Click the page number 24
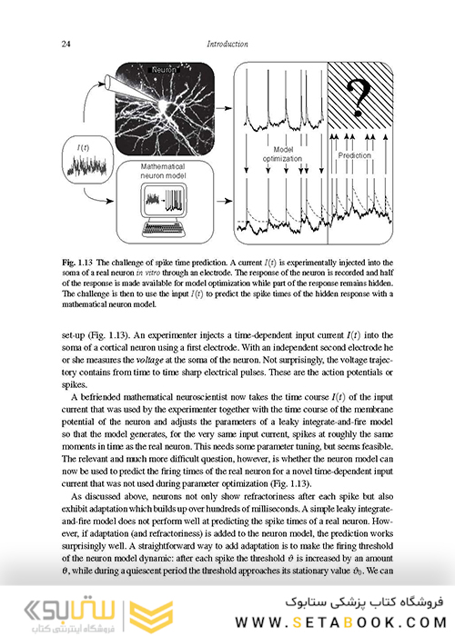(66, 44)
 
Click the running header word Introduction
(227, 44)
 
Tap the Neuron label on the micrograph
(164, 70)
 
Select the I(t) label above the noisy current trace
(83, 148)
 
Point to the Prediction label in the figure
(355, 155)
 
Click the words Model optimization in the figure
(282, 154)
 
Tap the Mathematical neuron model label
(163, 171)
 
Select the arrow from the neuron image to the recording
(224, 108)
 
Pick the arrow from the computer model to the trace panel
(224, 201)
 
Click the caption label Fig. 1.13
(77, 263)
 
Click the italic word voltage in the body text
(150, 360)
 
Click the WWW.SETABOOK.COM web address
(341, 622)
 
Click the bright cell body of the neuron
(167, 106)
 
